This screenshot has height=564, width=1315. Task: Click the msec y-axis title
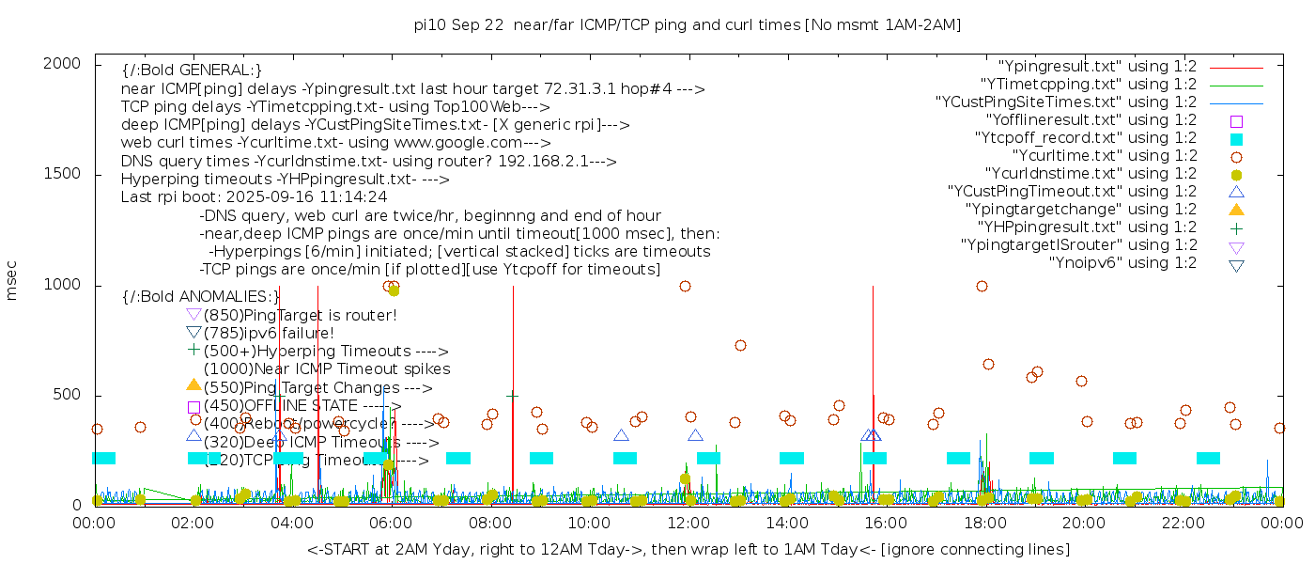[13, 281]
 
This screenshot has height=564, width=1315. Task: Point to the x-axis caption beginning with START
[688, 549]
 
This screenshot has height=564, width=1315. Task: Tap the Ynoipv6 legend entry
[1122, 263]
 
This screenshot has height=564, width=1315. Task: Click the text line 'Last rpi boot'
[254, 197]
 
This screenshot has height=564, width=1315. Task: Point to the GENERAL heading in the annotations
[192, 70]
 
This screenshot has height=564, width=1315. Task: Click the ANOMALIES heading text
[201, 297]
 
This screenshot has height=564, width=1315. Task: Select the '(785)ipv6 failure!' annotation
[269, 333]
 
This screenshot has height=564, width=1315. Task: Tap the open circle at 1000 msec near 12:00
[685, 287]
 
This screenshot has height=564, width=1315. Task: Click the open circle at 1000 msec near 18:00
[982, 287]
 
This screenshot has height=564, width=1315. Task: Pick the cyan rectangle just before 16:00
[874, 458]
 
